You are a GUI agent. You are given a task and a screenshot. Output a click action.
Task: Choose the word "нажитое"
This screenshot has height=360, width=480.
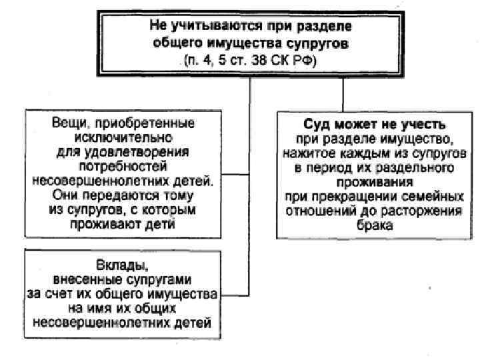click(304, 153)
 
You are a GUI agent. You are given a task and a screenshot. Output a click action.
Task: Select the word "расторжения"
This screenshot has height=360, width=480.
click(427, 211)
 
